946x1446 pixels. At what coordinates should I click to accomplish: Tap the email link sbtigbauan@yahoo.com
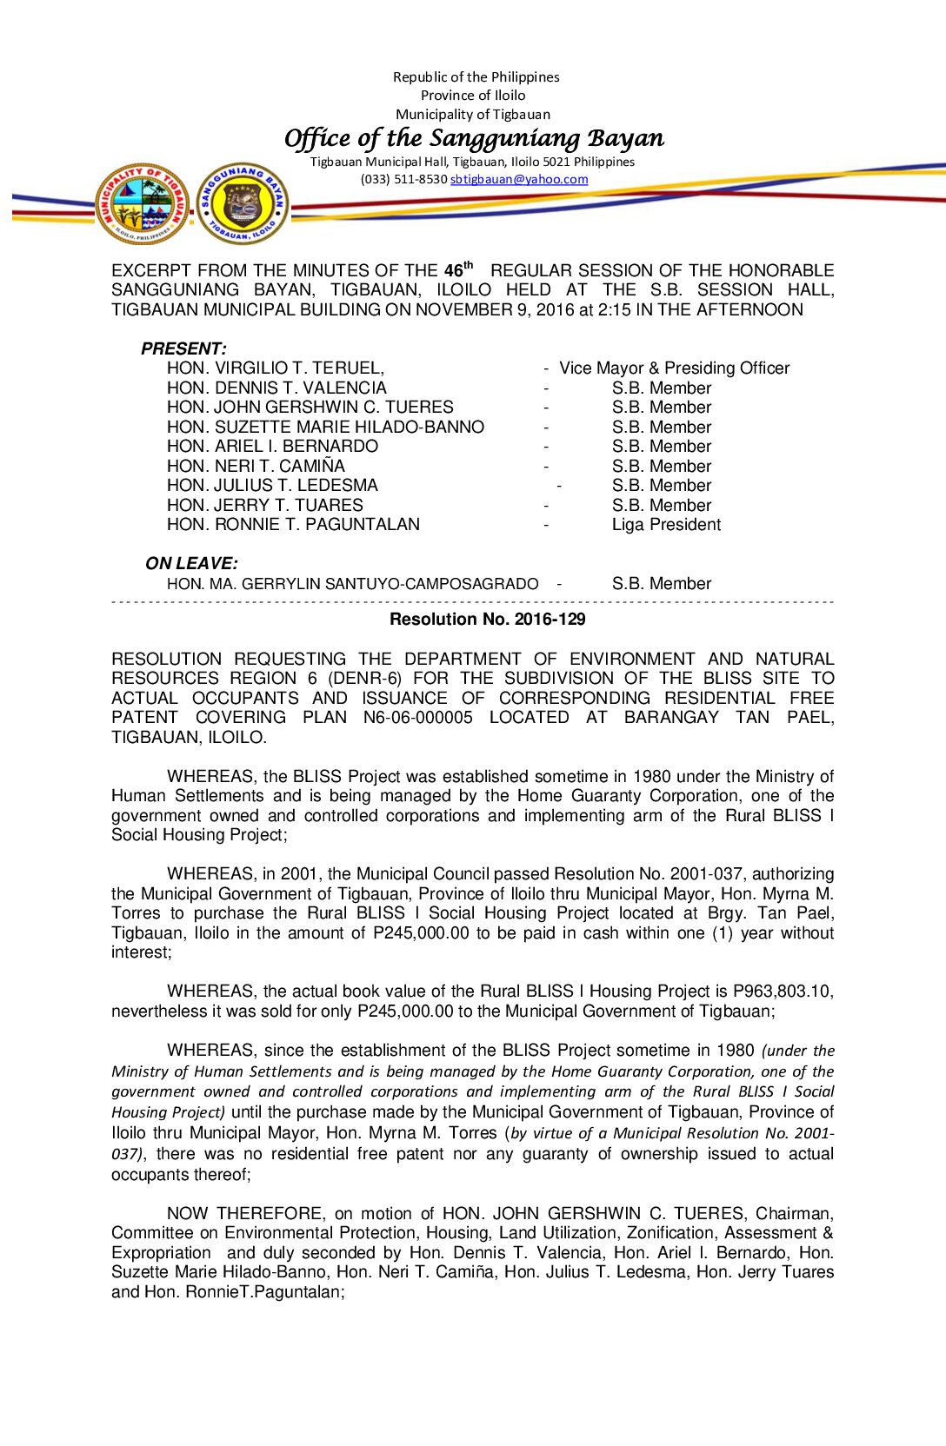[x=519, y=180]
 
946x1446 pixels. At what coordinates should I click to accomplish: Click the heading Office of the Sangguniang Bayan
[x=474, y=138]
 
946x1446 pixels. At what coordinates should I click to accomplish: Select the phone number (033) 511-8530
[x=403, y=180]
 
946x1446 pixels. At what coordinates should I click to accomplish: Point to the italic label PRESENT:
[x=183, y=348]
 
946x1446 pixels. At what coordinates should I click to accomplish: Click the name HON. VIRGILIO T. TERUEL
[x=275, y=368]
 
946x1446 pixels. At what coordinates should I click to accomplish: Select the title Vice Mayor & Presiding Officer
[x=674, y=368]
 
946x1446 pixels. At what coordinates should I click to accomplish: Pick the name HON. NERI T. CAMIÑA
[x=256, y=467]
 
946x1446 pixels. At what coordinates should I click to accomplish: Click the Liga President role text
[x=666, y=525]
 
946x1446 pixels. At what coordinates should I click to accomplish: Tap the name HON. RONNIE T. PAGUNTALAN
[x=293, y=525]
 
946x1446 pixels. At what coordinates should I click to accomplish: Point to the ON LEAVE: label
[x=191, y=563]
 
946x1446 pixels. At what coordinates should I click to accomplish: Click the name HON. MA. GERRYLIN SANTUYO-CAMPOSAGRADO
[x=352, y=584]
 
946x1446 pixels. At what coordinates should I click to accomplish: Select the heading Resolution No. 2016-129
[x=487, y=620]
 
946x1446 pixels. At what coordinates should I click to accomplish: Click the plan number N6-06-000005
[x=417, y=718]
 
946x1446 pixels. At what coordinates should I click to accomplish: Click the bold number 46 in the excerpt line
[x=453, y=271]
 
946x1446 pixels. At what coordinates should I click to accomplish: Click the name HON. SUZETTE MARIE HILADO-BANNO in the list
[x=325, y=428]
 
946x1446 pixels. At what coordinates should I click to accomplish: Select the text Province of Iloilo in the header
[x=473, y=96]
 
